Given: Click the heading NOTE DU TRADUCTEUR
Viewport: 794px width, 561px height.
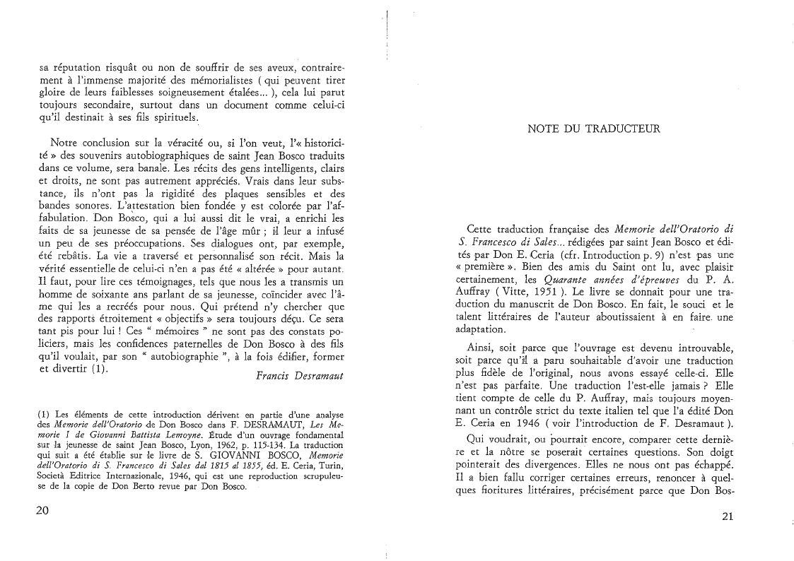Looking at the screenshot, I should point(594,129).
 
